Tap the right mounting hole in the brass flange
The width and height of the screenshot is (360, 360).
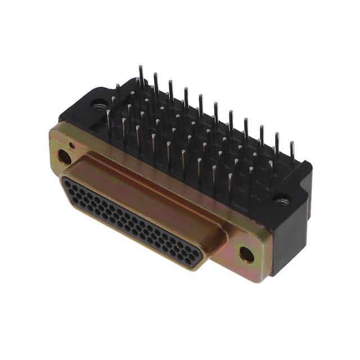click(246, 254)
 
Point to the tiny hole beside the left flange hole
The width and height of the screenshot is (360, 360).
click(71, 145)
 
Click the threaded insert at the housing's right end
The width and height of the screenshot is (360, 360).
click(282, 199)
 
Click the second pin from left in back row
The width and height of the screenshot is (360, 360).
click(156, 82)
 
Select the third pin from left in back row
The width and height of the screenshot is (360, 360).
click(171, 88)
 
